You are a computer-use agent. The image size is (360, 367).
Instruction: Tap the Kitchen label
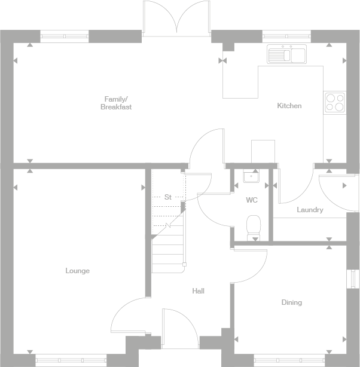pos(289,106)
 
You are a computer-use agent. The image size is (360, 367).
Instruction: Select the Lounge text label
pos(77,271)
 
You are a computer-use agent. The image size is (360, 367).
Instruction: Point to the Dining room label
pos(291,302)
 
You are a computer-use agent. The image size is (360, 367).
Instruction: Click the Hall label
pos(198,291)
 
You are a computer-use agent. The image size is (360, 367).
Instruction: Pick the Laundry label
pos(310,210)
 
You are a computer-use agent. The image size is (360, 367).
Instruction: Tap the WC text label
pos(251,200)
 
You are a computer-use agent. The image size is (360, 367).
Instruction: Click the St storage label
pos(168,197)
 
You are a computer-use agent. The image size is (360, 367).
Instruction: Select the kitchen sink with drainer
pos(287,54)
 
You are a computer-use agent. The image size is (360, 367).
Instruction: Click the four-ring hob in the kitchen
pos(334,102)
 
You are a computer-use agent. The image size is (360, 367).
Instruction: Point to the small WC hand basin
pos(251,176)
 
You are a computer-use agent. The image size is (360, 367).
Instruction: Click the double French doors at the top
pos(176,18)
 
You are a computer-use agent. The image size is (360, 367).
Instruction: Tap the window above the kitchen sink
pos(286,35)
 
